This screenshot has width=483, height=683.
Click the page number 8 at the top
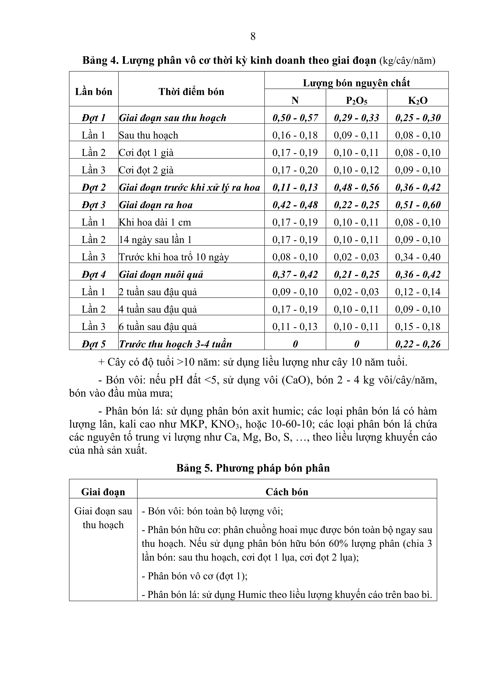pos(253,36)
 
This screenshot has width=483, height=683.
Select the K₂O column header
pos(418,100)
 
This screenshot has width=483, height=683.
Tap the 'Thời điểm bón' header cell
pos(191,92)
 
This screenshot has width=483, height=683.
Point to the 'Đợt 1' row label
pos(94,118)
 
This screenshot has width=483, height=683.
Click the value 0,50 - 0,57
pos(295,118)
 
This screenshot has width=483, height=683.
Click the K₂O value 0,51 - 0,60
pos(418,205)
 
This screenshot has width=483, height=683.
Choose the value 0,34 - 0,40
pos(418,257)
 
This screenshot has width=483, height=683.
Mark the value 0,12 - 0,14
pos(418,292)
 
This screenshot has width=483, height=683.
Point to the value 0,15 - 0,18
pos(418,327)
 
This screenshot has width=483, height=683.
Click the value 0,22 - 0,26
pos(418,344)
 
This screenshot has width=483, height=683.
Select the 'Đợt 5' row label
pos(94,344)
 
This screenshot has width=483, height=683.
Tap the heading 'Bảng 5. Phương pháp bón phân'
pos(253,468)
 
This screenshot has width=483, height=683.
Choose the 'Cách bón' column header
pos(287,492)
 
